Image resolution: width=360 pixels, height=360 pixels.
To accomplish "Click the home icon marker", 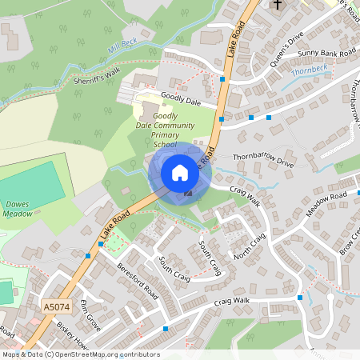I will (x=180, y=173).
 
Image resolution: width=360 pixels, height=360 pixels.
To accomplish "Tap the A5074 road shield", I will (x=55, y=306).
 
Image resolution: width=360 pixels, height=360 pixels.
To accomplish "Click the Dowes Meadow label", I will (x=16, y=209).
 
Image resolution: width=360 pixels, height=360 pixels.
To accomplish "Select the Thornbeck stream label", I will (x=310, y=70).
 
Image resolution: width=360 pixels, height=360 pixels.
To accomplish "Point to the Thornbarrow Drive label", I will (x=263, y=159).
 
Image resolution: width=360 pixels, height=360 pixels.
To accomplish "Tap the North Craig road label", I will (x=249, y=247).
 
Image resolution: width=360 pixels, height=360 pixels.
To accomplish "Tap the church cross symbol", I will (x=278, y=6).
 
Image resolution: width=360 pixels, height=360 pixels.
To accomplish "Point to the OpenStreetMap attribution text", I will (x=80, y=354).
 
